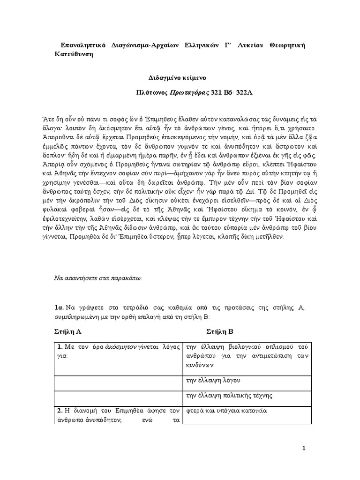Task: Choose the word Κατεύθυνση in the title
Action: coord(74,54)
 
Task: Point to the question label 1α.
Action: coord(59,307)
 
